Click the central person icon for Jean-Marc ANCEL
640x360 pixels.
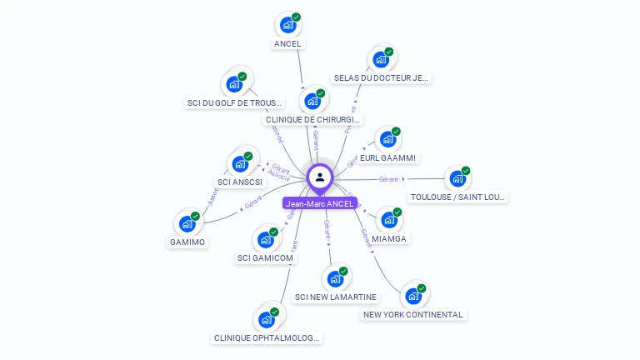[x=320, y=177]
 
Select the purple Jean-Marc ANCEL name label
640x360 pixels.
[x=320, y=203]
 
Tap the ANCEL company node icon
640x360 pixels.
[x=287, y=25]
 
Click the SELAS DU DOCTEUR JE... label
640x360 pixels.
[x=381, y=78]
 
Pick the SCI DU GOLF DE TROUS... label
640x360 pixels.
[x=235, y=103]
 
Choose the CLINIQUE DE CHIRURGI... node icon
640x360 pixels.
[x=313, y=101]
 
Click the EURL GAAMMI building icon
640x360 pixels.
[x=387, y=140]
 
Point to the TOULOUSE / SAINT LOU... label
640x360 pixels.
[x=458, y=197]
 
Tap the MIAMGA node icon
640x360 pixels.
[x=387, y=221]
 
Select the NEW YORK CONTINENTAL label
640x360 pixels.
[x=413, y=315]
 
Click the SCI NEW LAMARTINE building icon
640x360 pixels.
[x=335, y=279]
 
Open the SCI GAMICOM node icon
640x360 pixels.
[x=266, y=240]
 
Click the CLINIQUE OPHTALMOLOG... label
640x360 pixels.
[x=267, y=338]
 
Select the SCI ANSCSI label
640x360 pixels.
[x=240, y=182]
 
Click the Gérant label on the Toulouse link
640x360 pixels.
[x=388, y=179]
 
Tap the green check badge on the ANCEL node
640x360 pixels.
[x=297, y=17]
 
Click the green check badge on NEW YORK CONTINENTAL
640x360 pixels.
[x=422, y=288]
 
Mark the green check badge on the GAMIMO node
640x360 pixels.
[x=196, y=216]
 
